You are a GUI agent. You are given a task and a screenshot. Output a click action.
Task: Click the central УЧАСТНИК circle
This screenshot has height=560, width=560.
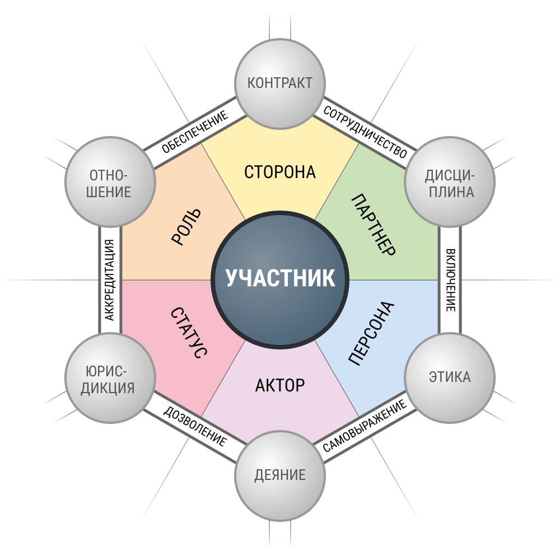(x=280, y=279)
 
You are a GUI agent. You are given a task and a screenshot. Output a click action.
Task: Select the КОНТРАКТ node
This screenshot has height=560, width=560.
(x=280, y=83)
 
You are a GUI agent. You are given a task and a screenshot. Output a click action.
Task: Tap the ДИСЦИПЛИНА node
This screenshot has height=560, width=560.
(x=450, y=182)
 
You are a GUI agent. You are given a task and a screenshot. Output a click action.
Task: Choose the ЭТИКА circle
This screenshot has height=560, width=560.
(x=450, y=377)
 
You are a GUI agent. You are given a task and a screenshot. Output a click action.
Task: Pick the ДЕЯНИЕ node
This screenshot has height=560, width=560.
(x=280, y=475)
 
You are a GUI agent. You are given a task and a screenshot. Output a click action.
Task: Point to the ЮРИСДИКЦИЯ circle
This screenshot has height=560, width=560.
(x=110, y=377)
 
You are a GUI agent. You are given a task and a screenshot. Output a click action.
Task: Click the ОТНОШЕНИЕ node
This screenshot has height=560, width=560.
(x=110, y=182)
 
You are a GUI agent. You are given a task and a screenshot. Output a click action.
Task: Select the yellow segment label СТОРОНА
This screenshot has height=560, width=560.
(x=280, y=172)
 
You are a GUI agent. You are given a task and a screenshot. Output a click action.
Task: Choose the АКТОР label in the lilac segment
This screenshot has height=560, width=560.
(x=280, y=385)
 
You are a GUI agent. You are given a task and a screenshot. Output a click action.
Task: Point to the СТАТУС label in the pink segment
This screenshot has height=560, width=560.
(x=189, y=333)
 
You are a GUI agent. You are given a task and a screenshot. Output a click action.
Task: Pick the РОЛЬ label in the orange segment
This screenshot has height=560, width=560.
(x=186, y=227)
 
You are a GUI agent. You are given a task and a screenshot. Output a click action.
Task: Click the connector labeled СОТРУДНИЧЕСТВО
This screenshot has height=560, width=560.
(x=365, y=132)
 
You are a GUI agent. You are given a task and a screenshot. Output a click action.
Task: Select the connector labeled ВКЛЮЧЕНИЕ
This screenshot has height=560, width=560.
(x=450, y=280)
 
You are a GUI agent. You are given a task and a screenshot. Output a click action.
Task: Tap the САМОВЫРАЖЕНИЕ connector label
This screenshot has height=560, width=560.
(x=365, y=426)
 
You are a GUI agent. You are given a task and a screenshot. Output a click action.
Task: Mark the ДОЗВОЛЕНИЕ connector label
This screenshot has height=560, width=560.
(x=195, y=426)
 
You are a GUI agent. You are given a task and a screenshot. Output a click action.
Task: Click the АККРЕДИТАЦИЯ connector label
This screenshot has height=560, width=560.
(x=110, y=280)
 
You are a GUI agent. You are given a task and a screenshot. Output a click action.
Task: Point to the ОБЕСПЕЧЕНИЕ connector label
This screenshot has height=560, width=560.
(x=195, y=132)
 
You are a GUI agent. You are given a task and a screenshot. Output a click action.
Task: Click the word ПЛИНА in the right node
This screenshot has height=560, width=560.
(x=451, y=192)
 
